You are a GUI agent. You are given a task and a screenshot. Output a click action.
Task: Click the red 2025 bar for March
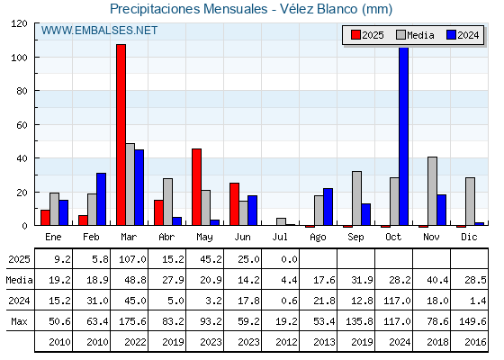pyautogui.click(x=121, y=135)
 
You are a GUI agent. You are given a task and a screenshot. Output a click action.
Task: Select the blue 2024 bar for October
pyautogui.click(x=404, y=136)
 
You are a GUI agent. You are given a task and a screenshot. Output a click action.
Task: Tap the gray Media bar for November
pyautogui.click(x=432, y=191)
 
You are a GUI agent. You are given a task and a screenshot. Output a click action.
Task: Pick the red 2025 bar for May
pyautogui.click(x=197, y=187)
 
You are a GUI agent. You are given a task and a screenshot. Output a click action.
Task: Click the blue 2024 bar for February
pyautogui.click(x=101, y=199)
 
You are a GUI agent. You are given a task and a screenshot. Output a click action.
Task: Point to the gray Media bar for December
pyautogui.click(x=470, y=202)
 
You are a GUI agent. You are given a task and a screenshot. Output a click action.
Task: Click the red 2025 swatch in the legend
pyautogui.click(x=355, y=35)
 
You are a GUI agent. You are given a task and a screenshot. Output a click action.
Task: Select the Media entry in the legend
pyautogui.click(x=415, y=35)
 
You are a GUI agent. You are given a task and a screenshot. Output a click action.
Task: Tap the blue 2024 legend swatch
pyautogui.click(x=451, y=35)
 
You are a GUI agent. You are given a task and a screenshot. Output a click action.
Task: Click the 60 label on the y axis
pyautogui.click(x=22, y=125)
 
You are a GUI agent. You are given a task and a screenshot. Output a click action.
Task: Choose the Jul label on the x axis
pyautogui.click(x=280, y=237)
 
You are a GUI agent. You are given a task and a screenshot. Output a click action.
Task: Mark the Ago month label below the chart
pyautogui.click(x=318, y=238)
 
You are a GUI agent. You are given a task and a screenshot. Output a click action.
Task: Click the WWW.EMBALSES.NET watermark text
pyautogui.click(x=99, y=31)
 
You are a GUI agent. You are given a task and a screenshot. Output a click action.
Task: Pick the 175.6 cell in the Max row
pyautogui.click(x=132, y=321)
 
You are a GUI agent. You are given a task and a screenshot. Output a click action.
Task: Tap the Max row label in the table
pyautogui.click(x=19, y=321)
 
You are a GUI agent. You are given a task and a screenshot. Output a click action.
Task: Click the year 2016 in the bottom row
pyautogui.click(x=475, y=342)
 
